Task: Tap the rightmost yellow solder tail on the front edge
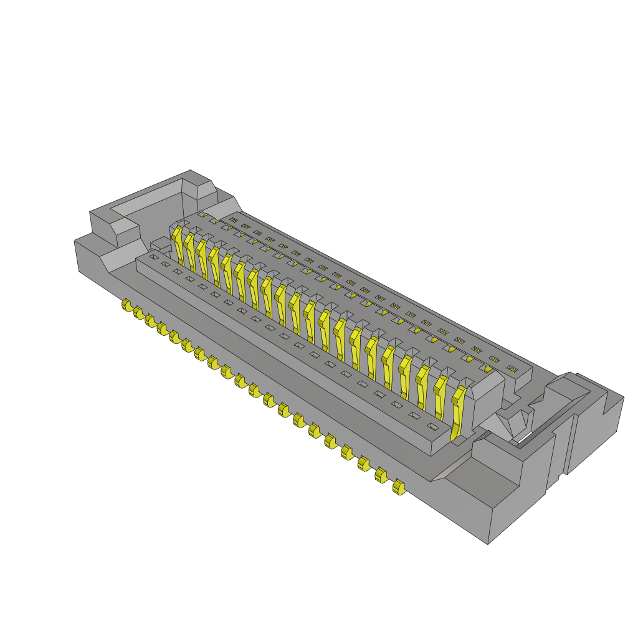pos(398,487)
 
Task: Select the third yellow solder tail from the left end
pos(150,320)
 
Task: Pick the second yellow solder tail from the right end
pos(380,475)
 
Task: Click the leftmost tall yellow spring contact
pos(178,244)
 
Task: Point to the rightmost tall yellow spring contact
pos(459,411)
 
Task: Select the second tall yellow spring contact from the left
pos(190,252)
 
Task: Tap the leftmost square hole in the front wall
pos(153,257)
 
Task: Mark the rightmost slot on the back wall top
pos(512,369)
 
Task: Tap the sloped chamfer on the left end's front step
pos(121,259)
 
